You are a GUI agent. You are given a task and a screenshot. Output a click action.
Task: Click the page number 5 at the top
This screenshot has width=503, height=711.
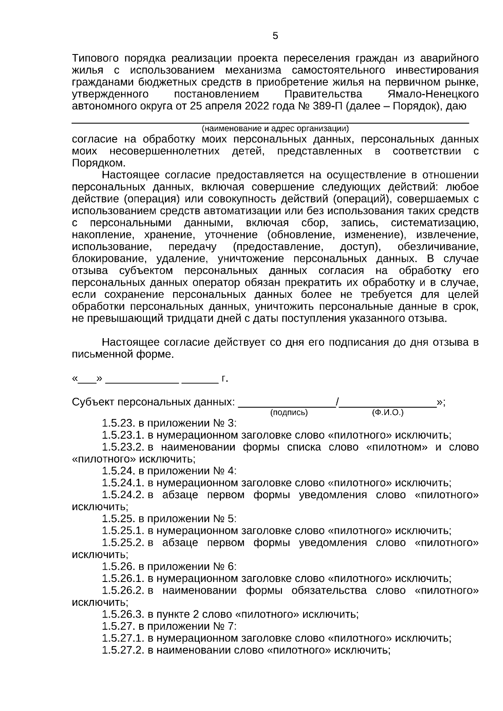coord(275,36)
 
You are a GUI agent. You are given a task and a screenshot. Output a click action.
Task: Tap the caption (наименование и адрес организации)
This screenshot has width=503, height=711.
coord(275,128)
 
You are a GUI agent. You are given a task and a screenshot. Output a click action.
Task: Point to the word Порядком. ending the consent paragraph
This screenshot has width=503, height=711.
coord(99,163)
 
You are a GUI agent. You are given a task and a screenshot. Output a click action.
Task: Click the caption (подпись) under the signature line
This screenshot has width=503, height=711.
coord(289,412)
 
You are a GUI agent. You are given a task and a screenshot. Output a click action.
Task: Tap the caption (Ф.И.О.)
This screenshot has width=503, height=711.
coord(388,412)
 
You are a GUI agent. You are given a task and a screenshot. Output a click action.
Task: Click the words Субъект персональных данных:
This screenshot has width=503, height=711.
coord(153,402)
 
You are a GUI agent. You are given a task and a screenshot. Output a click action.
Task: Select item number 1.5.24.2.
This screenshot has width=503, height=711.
coord(123,495)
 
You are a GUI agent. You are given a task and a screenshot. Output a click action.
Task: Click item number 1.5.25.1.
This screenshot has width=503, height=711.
coord(123,531)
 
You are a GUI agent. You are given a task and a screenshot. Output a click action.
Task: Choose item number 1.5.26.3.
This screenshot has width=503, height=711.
coord(123,615)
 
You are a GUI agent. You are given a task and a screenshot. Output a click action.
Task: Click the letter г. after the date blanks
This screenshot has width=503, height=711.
coord(225,379)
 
